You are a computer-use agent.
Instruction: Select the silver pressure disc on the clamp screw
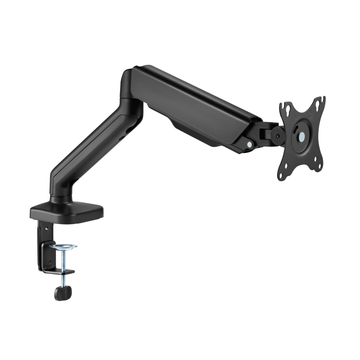[63, 247]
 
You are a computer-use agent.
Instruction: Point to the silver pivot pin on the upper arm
[249, 144]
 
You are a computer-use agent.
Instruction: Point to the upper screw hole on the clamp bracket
[45, 229]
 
